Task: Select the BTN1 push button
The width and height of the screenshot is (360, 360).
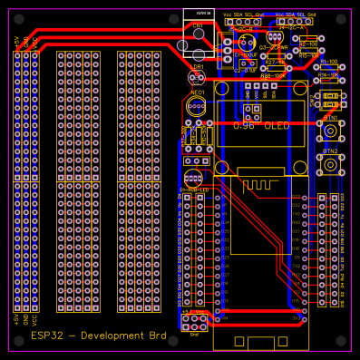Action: [x=331, y=132]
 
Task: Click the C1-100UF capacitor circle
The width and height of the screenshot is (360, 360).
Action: [x=245, y=43]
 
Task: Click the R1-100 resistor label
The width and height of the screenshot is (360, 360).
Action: [x=328, y=62]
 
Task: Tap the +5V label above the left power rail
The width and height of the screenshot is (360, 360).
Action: [x=15, y=42]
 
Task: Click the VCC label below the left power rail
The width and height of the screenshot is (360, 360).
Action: [x=34, y=319]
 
